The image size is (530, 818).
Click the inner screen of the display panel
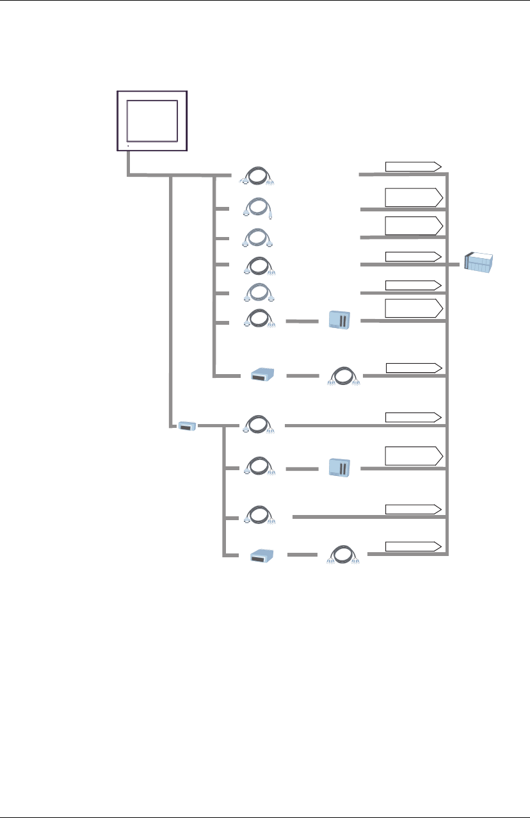tap(152, 120)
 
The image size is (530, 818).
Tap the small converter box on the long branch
tap(186, 426)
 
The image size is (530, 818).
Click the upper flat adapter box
tap(262, 374)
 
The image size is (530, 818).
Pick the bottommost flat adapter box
tap(262, 554)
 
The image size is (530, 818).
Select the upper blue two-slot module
tap(339, 320)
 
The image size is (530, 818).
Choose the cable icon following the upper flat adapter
tap(343, 374)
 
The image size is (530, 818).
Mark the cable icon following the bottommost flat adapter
tap(343, 554)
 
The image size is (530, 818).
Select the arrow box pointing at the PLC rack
tap(414, 256)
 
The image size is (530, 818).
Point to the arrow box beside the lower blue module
tap(414, 456)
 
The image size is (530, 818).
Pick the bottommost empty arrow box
tap(414, 546)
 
